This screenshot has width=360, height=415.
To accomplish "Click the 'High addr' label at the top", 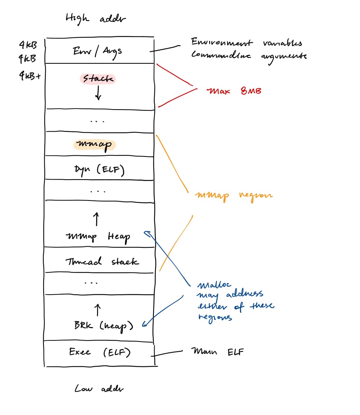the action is [x=96, y=18].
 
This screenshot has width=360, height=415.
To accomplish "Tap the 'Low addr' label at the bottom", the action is [x=99, y=389].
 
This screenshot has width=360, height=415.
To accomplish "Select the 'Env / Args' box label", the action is [x=97, y=51].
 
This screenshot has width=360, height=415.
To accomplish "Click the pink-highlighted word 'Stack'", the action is [x=98, y=79].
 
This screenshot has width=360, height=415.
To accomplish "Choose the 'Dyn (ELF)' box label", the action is [x=100, y=169].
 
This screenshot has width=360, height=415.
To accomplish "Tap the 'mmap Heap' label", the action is [x=98, y=237].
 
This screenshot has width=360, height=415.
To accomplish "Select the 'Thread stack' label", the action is [x=102, y=261].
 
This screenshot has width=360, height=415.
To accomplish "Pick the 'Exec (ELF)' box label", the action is [x=99, y=352].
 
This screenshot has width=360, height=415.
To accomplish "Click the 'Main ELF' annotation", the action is [x=217, y=351].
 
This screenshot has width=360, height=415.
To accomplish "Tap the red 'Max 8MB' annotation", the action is [x=234, y=90].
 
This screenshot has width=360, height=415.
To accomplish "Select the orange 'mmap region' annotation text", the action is [x=234, y=195].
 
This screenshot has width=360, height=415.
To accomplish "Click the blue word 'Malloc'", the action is [x=211, y=286].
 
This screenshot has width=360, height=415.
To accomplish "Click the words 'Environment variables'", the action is [x=246, y=43].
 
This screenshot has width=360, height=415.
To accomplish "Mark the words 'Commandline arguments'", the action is [x=249, y=56].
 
